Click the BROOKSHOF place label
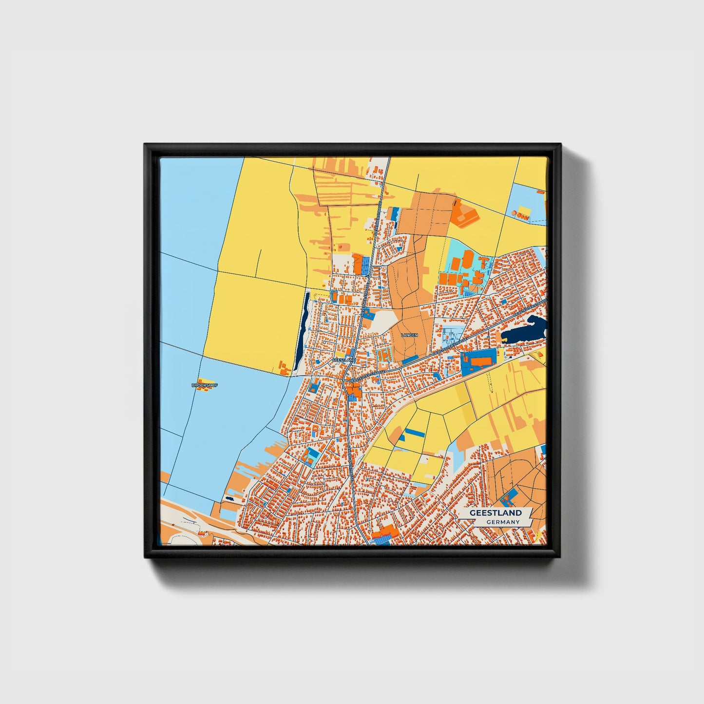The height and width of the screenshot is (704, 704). point(205,385)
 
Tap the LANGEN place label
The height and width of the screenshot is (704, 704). point(409,335)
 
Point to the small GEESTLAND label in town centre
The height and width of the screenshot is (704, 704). point(344,360)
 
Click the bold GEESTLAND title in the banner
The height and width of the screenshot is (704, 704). point(495,513)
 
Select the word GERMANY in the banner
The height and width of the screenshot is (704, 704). point(503,522)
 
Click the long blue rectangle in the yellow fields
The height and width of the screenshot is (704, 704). point(415,432)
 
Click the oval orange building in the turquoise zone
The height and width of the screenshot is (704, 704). point(467,259)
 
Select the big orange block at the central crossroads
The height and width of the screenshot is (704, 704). point(353,389)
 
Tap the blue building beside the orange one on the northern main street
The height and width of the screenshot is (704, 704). point(365,265)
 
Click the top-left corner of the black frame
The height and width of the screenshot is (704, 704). point(145,144)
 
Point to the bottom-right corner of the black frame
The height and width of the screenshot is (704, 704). point(560,556)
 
